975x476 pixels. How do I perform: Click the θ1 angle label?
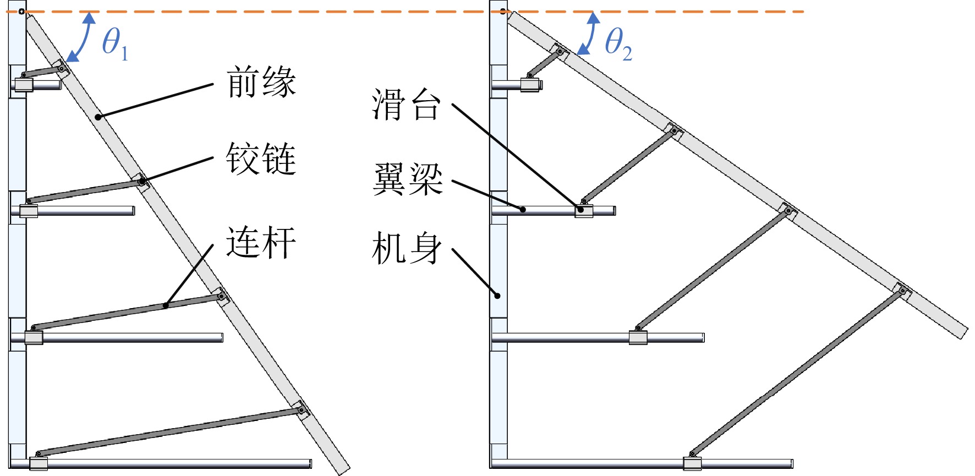point(115,43)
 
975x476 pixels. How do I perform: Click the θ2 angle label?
point(618,43)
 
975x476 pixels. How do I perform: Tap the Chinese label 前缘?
point(261,82)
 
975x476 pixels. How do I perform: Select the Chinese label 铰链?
point(261,158)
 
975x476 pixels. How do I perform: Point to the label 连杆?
point(261,242)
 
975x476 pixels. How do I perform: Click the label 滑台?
point(407,105)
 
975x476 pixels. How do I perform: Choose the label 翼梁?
point(408,179)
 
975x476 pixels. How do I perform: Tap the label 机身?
point(407,248)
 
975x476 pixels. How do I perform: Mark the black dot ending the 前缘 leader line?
point(98,117)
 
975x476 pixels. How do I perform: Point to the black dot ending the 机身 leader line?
point(497,296)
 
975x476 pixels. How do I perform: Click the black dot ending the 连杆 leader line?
point(166,305)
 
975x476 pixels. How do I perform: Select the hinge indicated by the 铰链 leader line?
point(142,180)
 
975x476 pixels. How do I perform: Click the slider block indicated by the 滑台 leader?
point(584,211)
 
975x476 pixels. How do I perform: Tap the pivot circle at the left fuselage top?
point(21,12)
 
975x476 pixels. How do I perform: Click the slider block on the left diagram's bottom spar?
point(39,463)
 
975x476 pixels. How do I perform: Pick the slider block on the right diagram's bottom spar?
point(692,463)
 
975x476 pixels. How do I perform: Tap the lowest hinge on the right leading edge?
point(902,290)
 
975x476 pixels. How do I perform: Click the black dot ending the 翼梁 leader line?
point(523,209)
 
